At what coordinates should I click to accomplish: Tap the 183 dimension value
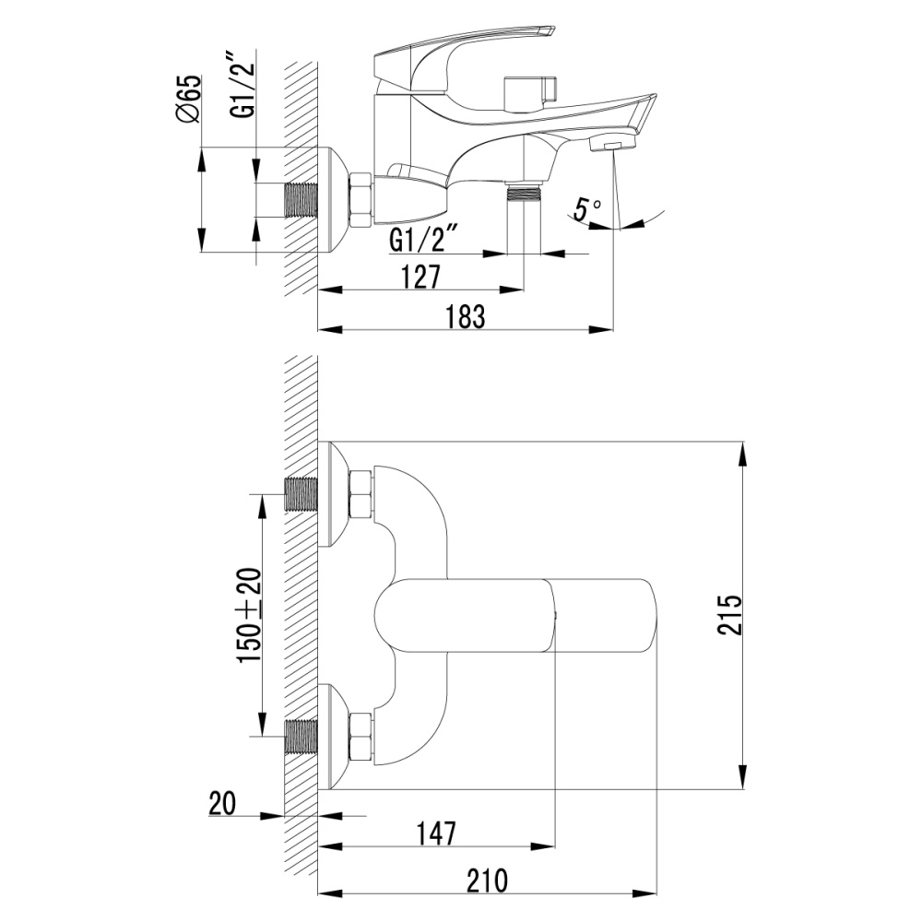[x=466, y=315]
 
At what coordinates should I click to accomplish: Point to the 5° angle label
[x=586, y=209]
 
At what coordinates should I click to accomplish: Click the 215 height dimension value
[x=729, y=615]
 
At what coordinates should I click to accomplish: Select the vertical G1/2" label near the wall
[x=242, y=87]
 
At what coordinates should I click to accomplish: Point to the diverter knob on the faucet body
[x=529, y=91]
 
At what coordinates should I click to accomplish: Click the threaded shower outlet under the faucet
[x=525, y=195]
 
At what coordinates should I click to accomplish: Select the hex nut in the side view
[x=360, y=200]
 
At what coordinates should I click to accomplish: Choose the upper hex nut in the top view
[x=361, y=494]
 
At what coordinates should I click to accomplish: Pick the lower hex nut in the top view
[x=361, y=737]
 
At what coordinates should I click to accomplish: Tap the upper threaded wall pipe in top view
[x=301, y=495]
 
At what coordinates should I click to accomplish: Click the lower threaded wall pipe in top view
[x=301, y=738]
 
